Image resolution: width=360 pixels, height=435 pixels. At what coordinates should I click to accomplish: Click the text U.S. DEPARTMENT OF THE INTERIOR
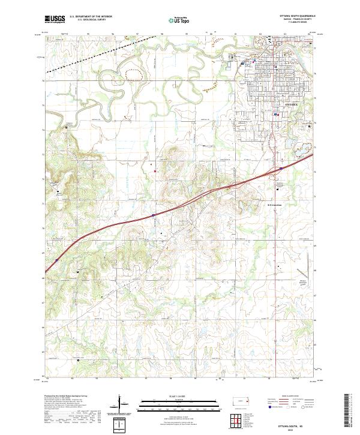(x=91, y=17)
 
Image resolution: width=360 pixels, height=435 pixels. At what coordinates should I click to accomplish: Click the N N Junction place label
(x=274, y=203)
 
